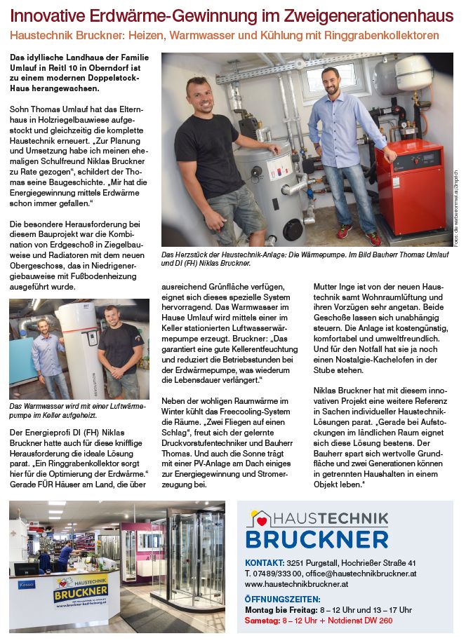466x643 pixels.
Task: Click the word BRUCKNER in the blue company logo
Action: (x=317, y=538)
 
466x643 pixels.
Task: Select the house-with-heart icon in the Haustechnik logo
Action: (x=260, y=519)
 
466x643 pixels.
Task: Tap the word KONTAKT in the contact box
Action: (x=264, y=563)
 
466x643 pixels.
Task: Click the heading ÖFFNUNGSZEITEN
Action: (x=282, y=599)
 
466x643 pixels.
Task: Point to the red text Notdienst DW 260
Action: (x=354, y=621)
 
